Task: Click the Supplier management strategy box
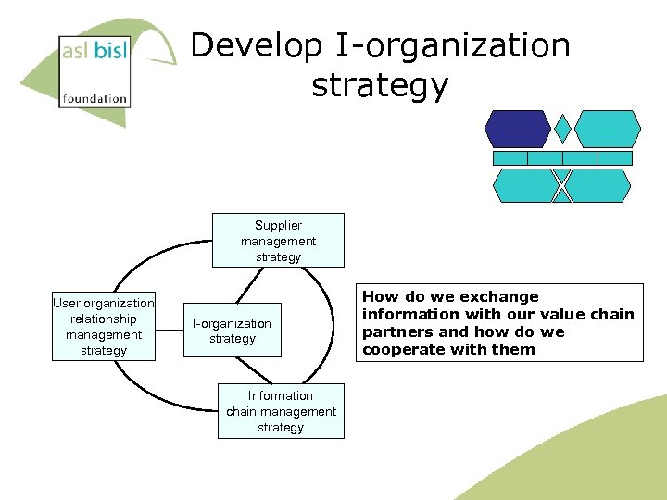[278, 241]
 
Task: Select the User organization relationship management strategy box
[104, 326]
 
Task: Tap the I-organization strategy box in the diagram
[232, 331]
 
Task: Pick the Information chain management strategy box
[281, 411]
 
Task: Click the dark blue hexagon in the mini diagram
[518, 129]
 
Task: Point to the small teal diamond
[562, 129]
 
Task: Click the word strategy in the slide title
[380, 85]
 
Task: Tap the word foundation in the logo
[94, 97]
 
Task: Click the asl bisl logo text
[94, 52]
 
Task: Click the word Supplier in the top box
[278, 225]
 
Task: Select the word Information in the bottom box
[281, 395]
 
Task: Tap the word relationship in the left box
[104, 319]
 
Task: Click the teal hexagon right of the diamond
[608, 129]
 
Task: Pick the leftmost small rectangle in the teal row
[510, 158]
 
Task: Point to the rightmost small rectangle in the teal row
[614, 158]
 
